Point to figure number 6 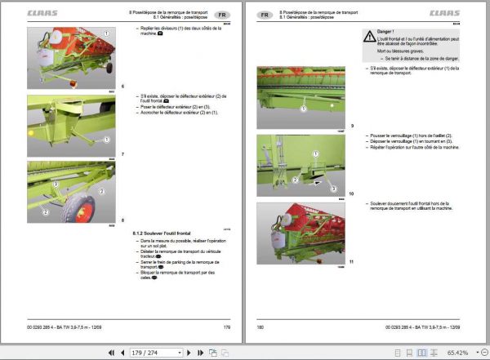pos(122,86)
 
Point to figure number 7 pos(122,153)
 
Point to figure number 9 pos(352,125)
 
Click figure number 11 pos(352,260)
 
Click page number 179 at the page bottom pos(226,327)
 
